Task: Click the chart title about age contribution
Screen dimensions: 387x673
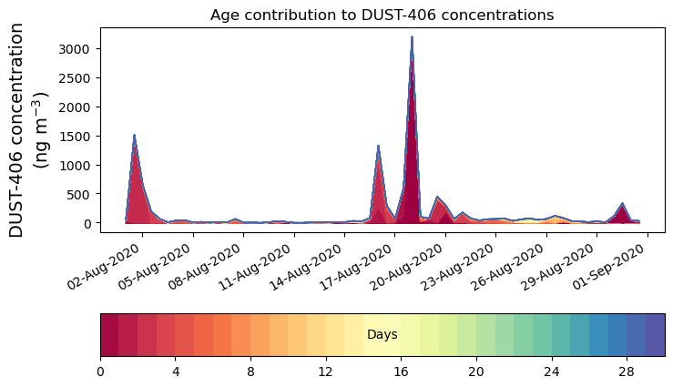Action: tap(382, 15)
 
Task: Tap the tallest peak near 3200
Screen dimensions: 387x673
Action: tap(412, 38)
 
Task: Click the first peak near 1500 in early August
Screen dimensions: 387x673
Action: tap(135, 137)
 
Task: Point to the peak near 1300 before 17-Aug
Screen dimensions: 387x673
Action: tap(378, 147)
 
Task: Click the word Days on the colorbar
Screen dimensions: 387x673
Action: tap(382, 335)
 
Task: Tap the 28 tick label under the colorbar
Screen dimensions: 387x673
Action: tap(627, 372)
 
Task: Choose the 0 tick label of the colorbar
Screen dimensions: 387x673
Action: tap(100, 372)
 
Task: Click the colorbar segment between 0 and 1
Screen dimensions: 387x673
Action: tap(109, 335)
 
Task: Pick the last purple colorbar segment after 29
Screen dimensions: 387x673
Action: tap(655, 335)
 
